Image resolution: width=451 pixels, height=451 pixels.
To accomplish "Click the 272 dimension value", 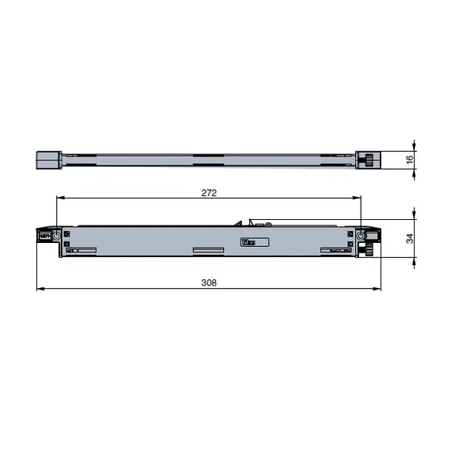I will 209,192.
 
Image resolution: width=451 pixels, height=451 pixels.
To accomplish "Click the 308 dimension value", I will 209,282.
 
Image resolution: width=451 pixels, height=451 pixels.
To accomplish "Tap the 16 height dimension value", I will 410,160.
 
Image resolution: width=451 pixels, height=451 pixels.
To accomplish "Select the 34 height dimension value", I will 410,239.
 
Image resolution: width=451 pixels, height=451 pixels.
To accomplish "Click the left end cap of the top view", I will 50,159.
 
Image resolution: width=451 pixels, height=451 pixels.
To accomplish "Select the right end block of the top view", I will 368,159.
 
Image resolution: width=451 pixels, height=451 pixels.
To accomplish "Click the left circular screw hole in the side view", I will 58,236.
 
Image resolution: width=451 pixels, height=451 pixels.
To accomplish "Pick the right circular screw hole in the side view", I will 362,236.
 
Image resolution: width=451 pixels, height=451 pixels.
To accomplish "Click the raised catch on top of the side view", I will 249,224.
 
